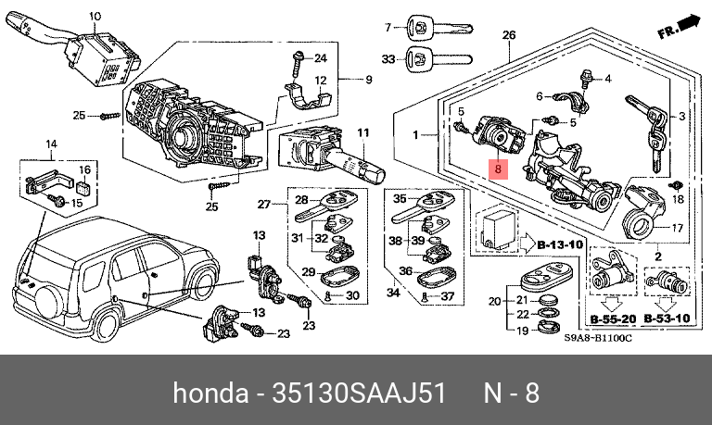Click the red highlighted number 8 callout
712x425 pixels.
pyautogui.click(x=498, y=169)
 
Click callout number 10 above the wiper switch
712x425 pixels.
pyautogui.click(x=94, y=16)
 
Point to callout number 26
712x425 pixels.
pyautogui.click(x=508, y=36)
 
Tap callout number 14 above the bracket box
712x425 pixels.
pyautogui.click(x=51, y=144)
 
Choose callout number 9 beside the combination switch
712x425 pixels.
pyautogui.click(x=367, y=81)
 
